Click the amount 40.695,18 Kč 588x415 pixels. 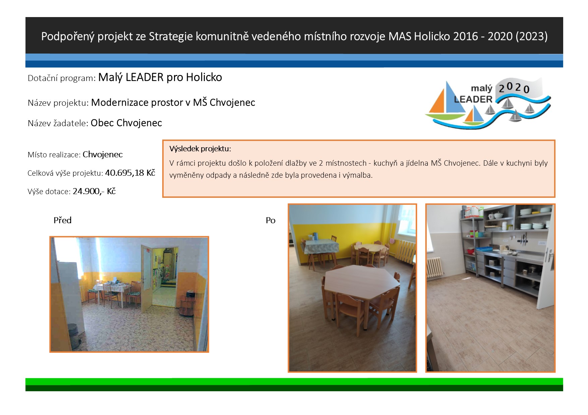click(130, 173)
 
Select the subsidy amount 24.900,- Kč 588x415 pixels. click(94, 191)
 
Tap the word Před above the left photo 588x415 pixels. click(62, 220)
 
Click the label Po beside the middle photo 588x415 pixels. click(271, 220)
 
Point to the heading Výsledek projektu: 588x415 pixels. click(200, 149)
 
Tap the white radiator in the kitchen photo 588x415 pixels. click(435, 267)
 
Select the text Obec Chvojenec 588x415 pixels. click(126, 123)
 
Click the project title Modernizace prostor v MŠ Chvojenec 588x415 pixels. click(173, 102)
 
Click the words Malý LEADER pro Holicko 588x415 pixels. click(160, 77)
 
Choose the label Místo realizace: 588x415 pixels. click(54, 155)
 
